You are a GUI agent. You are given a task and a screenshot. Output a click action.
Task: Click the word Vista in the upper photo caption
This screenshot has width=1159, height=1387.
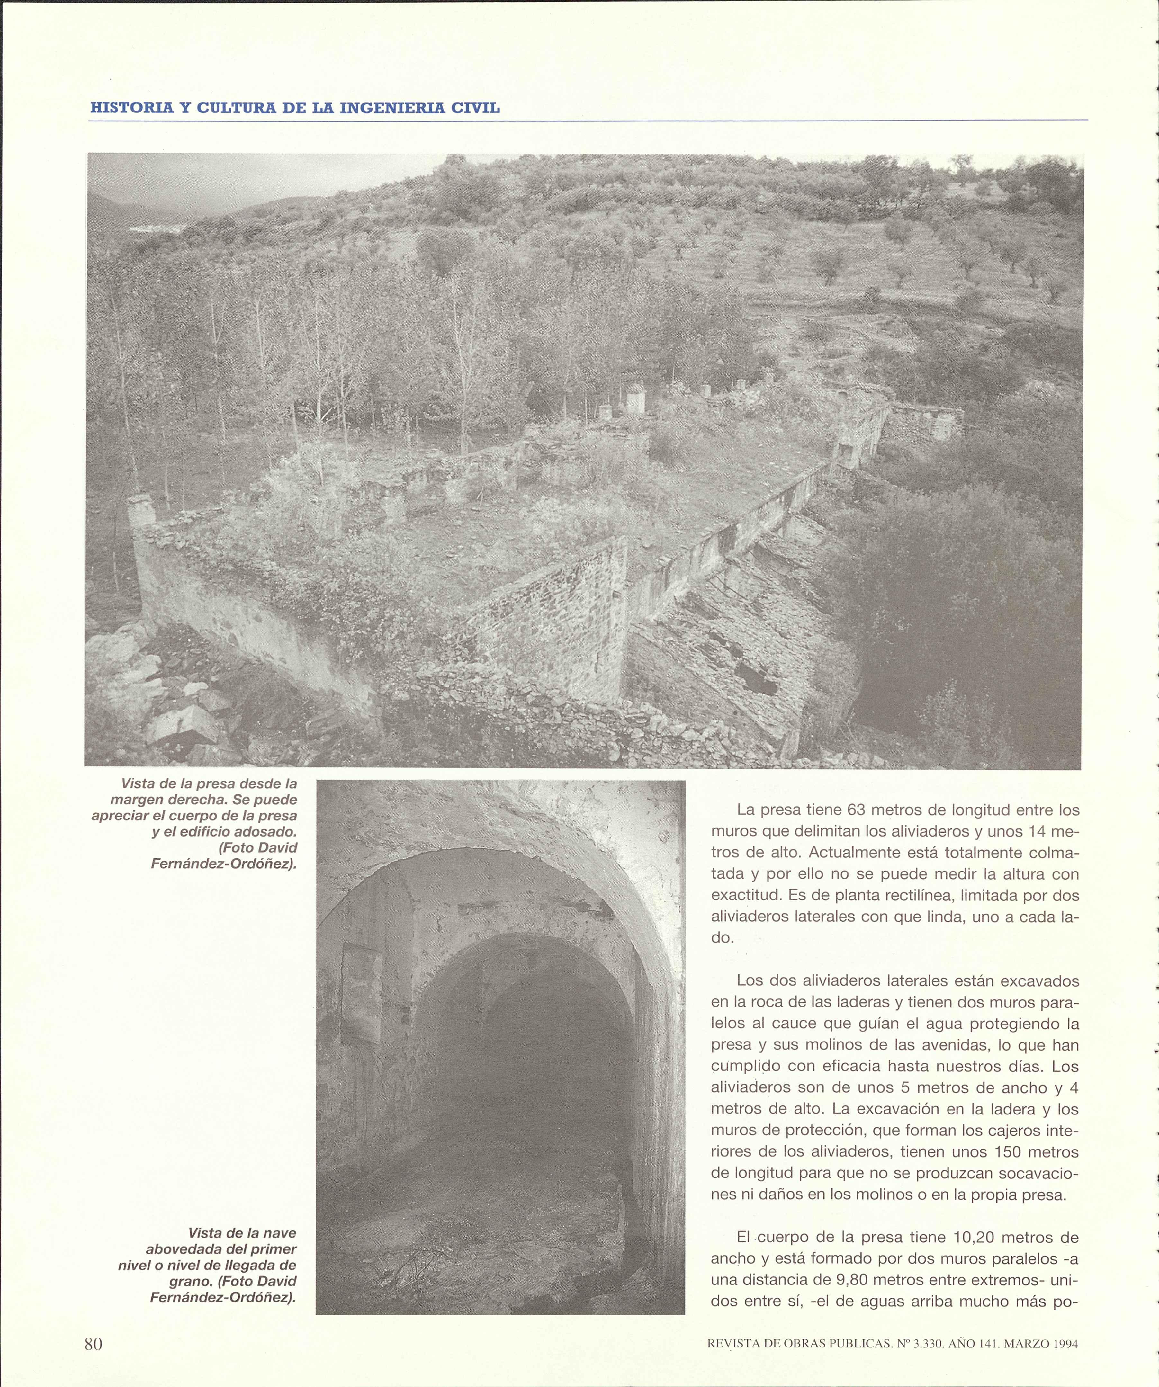pyautogui.click(x=139, y=784)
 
